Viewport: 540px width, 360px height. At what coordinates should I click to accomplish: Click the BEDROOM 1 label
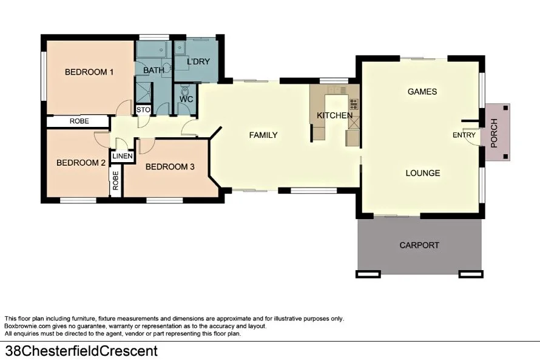(x=89, y=72)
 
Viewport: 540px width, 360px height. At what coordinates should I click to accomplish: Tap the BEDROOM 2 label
(x=81, y=163)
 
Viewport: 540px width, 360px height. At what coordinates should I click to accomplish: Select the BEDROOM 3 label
(x=170, y=167)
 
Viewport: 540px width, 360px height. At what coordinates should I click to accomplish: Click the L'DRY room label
(x=198, y=62)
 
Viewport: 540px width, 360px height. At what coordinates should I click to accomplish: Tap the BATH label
(x=154, y=71)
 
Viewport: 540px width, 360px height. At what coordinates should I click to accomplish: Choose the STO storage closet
(x=143, y=110)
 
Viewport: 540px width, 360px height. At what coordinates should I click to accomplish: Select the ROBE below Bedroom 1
(x=79, y=121)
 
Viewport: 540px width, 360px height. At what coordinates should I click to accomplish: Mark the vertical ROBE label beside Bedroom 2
(x=115, y=180)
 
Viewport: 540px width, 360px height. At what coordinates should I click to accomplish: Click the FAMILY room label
(x=263, y=135)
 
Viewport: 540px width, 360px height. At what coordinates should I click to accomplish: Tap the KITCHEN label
(x=334, y=115)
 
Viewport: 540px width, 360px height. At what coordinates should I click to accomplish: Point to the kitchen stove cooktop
(x=353, y=103)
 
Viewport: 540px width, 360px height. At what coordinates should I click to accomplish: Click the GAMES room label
(x=422, y=92)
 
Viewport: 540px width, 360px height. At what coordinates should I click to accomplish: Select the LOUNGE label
(x=423, y=173)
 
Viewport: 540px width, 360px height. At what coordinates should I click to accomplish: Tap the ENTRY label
(x=465, y=135)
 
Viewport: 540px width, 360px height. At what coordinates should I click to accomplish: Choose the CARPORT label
(x=419, y=245)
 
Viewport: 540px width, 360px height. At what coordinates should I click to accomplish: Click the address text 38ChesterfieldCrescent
(x=81, y=351)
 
